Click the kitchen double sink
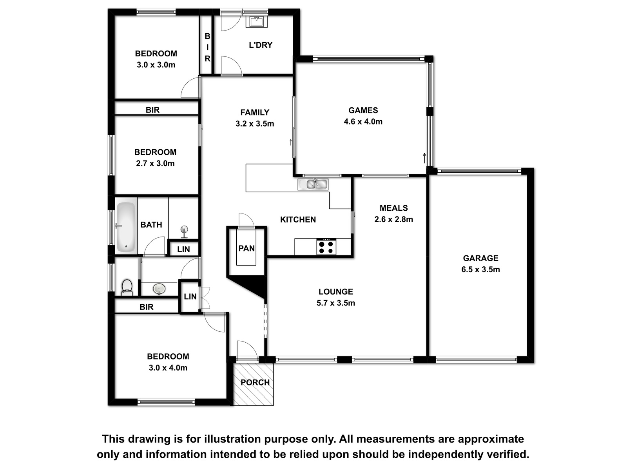(x=313, y=184)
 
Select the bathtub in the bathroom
(x=126, y=227)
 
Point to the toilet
(x=127, y=287)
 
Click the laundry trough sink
(x=257, y=22)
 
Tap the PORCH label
(x=255, y=382)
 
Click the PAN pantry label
(x=246, y=248)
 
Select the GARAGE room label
(x=481, y=258)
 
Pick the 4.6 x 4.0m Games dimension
(x=363, y=121)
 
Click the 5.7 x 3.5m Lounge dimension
(x=335, y=303)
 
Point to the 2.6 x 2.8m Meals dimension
(x=393, y=219)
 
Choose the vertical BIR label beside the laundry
(x=207, y=47)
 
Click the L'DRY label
(x=261, y=45)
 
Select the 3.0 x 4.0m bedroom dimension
(x=168, y=367)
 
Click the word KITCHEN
(x=298, y=219)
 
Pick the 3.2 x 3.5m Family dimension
(x=255, y=123)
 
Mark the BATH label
(x=151, y=225)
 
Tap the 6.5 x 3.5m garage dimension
(x=481, y=269)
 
